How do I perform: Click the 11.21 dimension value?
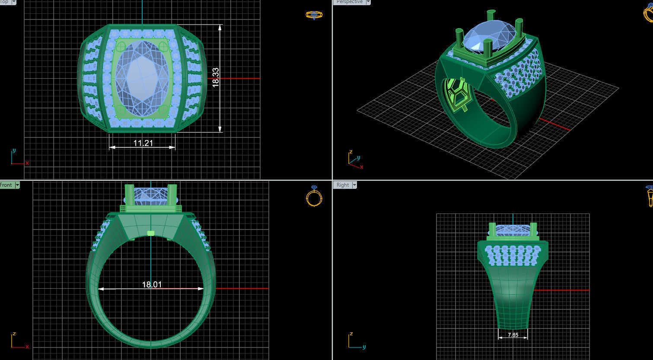coord(143,143)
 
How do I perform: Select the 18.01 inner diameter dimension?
coord(152,284)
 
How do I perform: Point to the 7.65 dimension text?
coord(513,335)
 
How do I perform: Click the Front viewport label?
coord(6,185)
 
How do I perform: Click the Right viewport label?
coord(342,185)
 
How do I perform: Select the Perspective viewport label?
coord(349,2)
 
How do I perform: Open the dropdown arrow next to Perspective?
coord(368,2)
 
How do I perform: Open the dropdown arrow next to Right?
coord(354,185)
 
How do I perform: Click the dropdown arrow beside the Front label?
coord(17,185)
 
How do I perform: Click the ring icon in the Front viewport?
coord(314,196)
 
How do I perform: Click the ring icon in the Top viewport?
coord(314,15)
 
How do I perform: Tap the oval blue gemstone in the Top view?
coord(143,78)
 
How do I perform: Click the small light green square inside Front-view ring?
coord(150,233)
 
